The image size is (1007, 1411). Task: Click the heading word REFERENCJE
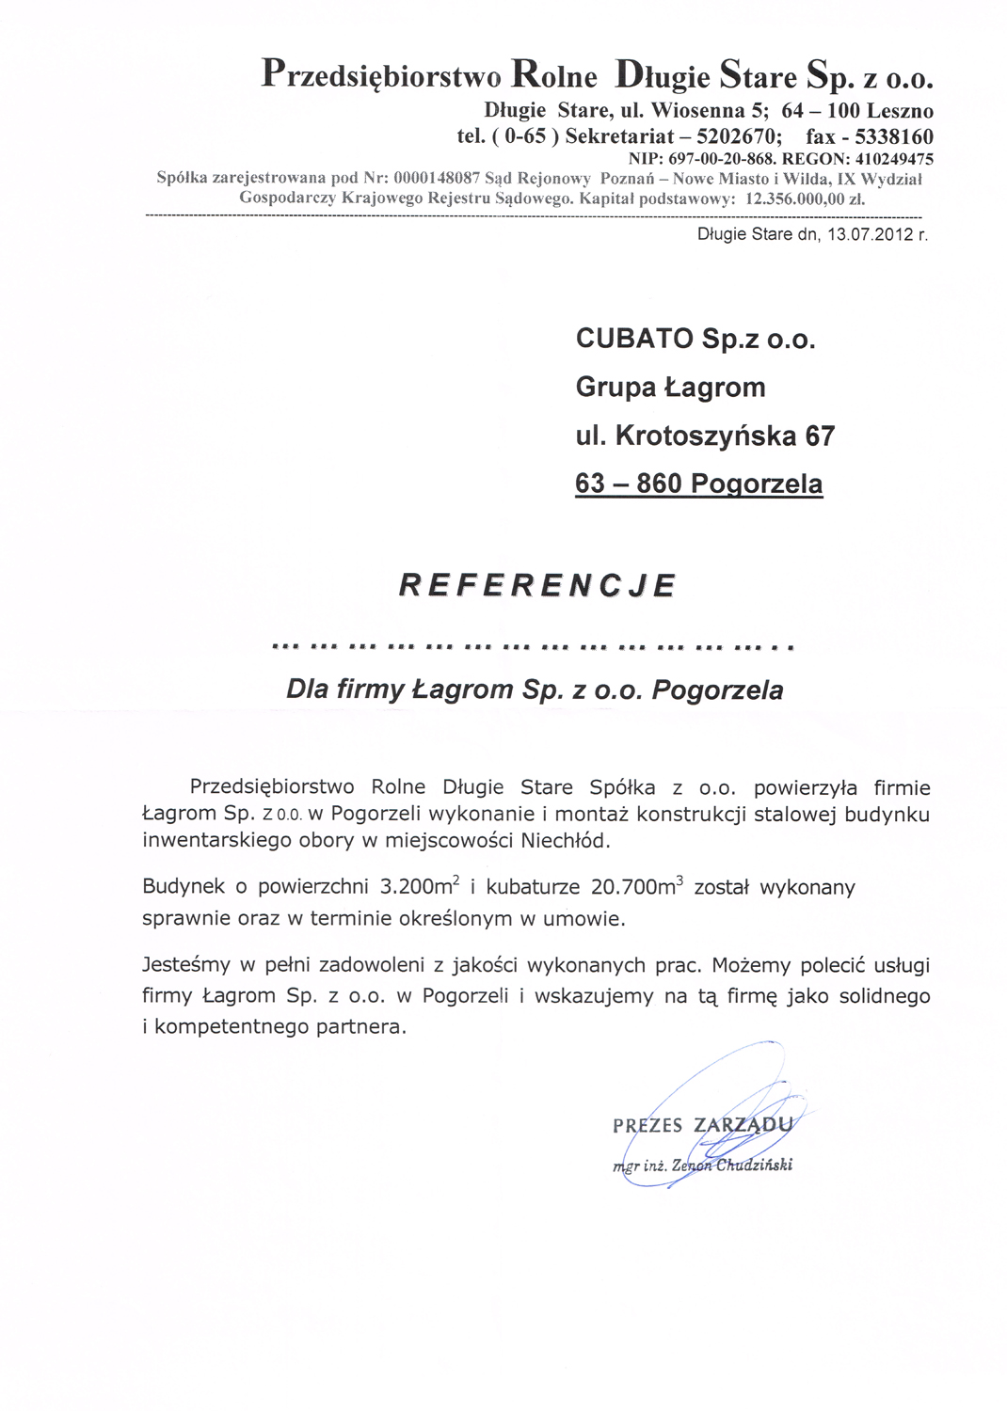pyautogui.click(x=537, y=585)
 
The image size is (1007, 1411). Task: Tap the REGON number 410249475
pyautogui.click(x=894, y=159)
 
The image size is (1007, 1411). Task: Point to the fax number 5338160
pyautogui.click(x=894, y=136)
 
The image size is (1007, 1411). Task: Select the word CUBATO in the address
pyautogui.click(x=634, y=339)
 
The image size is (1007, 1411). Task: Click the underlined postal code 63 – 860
pyautogui.click(x=629, y=484)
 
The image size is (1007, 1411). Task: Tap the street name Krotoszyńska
pyautogui.click(x=706, y=436)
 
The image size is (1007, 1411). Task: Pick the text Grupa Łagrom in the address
pyautogui.click(x=670, y=388)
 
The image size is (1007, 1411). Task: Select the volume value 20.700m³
pyautogui.click(x=636, y=886)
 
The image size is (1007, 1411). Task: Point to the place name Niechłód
pyautogui.click(x=565, y=840)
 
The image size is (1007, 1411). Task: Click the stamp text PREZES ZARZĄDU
pyautogui.click(x=702, y=1125)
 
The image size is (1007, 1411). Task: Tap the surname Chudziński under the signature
pyautogui.click(x=754, y=1165)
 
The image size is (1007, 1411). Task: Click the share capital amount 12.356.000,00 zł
pyautogui.click(x=805, y=199)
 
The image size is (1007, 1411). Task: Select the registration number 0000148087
pyautogui.click(x=438, y=178)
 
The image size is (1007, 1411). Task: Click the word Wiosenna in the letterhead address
pyautogui.click(x=695, y=111)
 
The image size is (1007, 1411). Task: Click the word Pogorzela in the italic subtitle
pyautogui.click(x=717, y=690)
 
